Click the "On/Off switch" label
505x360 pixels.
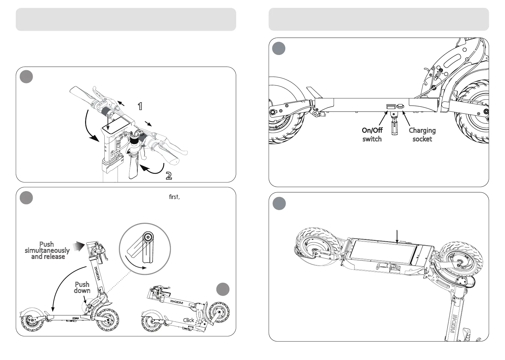click(x=372, y=135)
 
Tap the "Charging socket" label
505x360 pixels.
click(x=422, y=135)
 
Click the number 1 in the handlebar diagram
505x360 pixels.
click(x=140, y=107)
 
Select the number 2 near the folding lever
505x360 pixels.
click(x=168, y=176)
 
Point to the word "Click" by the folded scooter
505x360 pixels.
click(x=189, y=320)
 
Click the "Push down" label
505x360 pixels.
click(x=82, y=287)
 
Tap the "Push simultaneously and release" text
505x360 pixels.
click(x=47, y=250)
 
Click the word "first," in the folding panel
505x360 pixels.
click(x=174, y=197)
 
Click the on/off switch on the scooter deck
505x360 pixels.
click(x=391, y=107)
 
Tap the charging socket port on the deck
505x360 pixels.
click(x=400, y=107)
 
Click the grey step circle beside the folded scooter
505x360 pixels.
click(x=223, y=289)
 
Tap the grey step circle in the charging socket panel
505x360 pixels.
click(x=279, y=49)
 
